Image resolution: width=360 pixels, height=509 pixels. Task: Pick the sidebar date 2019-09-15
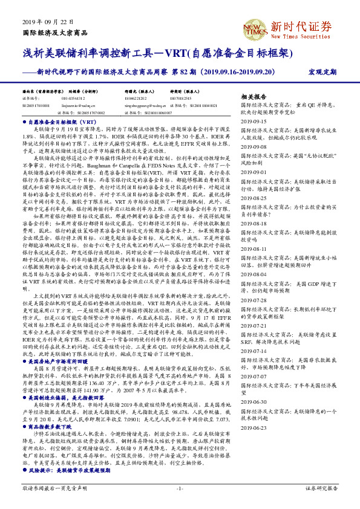pyautogui.click(x=254, y=120)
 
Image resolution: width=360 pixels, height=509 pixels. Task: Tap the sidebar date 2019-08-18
pyautogui.click(x=254, y=223)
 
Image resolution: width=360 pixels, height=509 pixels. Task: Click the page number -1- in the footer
pyautogui.click(x=179, y=487)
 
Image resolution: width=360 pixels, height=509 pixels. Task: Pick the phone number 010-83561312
pyautogui.click(x=74, y=97)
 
